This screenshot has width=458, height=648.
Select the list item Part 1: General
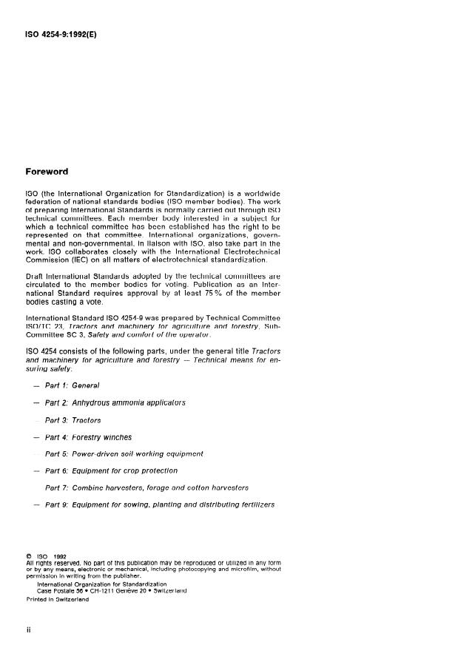click(x=72, y=385)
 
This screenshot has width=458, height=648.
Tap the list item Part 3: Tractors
click(x=73, y=420)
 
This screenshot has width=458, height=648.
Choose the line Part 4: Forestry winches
click(x=88, y=437)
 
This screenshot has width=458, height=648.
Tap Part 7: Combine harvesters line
click(x=147, y=487)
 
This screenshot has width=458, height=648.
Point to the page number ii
click(x=28, y=628)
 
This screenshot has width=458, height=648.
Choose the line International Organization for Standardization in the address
click(x=101, y=584)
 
